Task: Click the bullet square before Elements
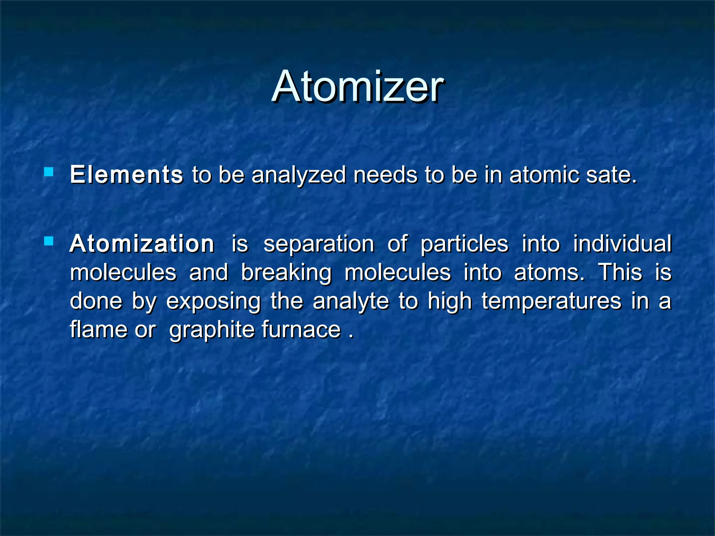click(x=49, y=172)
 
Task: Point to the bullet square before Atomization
click(x=49, y=241)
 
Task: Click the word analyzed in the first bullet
click(x=298, y=175)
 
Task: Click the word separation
click(x=319, y=244)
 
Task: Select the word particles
click(x=464, y=244)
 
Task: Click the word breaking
click(x=286, y=273)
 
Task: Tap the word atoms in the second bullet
click(x=549, y=273)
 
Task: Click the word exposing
click(x=213, y=302)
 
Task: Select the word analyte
click(x=351, y=302)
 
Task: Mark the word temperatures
click(x=552, y=302)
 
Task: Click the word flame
click(x=99, y=330)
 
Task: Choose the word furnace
click(x=301, y=330)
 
